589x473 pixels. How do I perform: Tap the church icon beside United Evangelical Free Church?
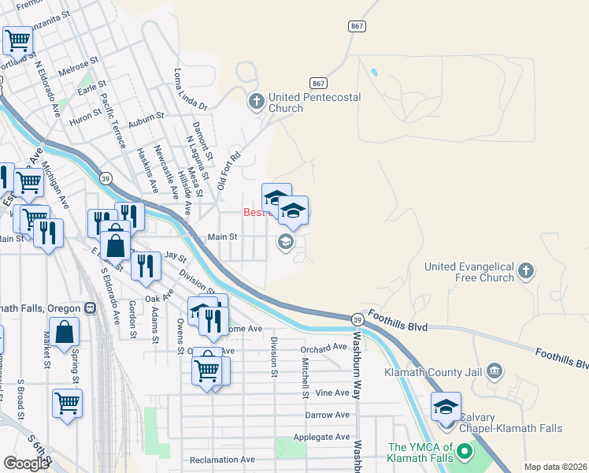tap(527, 273)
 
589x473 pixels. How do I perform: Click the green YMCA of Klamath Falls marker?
tap(464, 453)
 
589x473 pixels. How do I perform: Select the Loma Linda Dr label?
tap(189, 88)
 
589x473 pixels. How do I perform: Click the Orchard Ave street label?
tap(324, 347)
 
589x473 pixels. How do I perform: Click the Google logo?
tap(26, 464)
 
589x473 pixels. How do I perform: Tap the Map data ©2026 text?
tap(554, 467)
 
